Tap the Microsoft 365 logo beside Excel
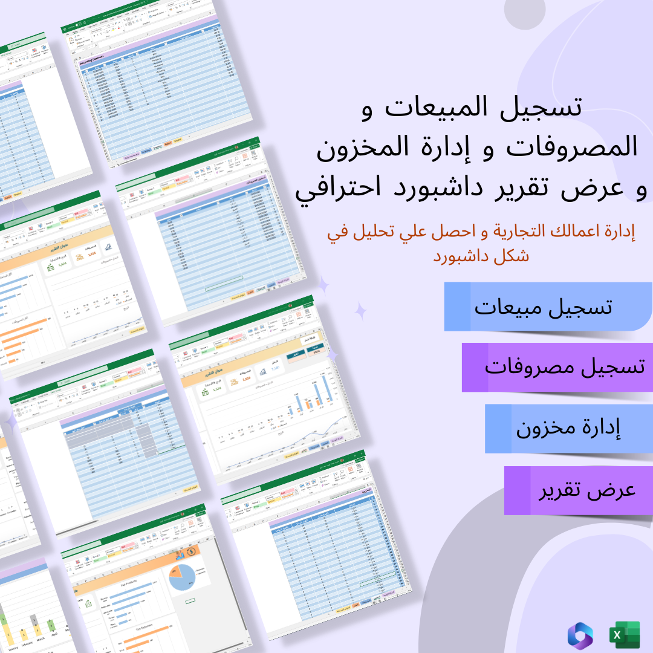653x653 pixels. pyautogui.click(x=580, y=635)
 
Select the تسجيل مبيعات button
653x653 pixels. pyautogui.click(x=543, y=307)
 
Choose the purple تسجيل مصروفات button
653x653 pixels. pyautogui.click(x=565, y=367)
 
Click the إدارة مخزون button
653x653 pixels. pyautogui.click(x=568, y=428)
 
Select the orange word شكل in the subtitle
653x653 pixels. pyautogui.click(x=511, y=255)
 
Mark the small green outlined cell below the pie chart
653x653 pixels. pyautogui.click(x=189, y=601)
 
